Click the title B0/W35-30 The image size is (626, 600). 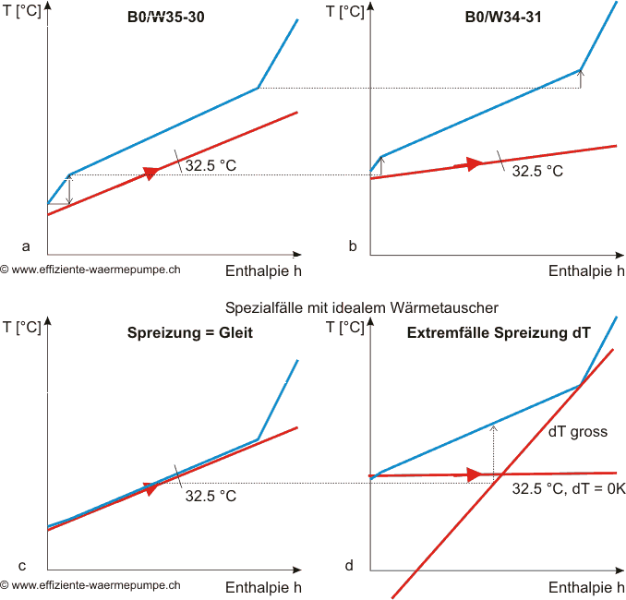pyautogui.click(x=166, y=16)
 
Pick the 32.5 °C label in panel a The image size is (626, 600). pyautogui.click(x=211, y=167)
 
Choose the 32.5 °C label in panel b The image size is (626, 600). pyautogui.click(x=536, y=171)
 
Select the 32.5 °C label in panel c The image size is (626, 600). pyautogui.click(x=211, y=496)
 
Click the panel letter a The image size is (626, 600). pyautogui.click(x=26, y=246)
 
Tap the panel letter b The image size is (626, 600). pyautogui.click(x=353, y=246)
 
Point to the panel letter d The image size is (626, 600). pyautogui.click(x=349, y=565)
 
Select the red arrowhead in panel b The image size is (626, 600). pyautogui.click(x=475, y=163)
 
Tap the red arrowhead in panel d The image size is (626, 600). pyautogui.click(x=475, y=474)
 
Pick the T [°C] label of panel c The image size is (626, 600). pyautogui.click(x=22, y=326)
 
